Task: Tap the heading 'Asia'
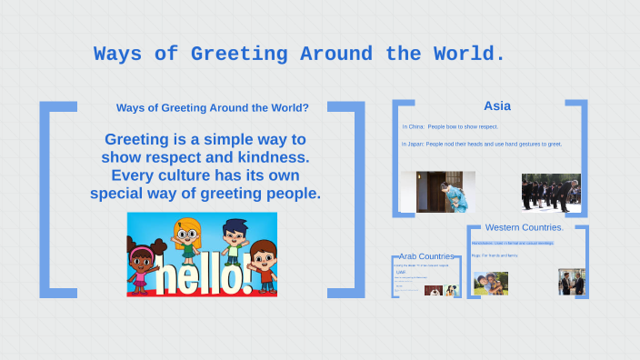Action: pos(497,105)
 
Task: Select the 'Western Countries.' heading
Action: pos(525,227)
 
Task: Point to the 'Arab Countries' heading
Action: pos(426,256)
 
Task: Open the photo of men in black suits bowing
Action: pos(551,193)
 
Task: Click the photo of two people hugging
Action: pos(491,284)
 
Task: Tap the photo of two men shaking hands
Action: pos(571,282)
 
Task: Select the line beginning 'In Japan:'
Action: pos(482,144)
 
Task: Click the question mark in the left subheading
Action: pos(305,108)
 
